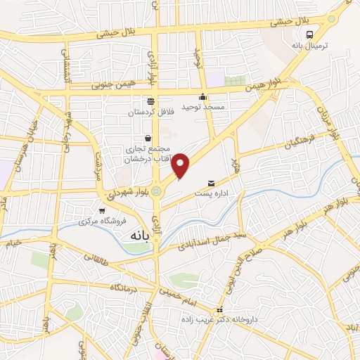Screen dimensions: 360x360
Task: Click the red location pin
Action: tap(181, 165)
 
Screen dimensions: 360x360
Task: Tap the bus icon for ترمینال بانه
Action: tap(310, 35)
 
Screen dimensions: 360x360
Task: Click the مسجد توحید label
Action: tap(202, 106)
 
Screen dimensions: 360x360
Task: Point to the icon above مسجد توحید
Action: tap(202, 97)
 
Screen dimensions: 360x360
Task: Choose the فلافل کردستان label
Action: tap(149, 111)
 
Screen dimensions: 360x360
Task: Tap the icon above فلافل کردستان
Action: tap(149, 101)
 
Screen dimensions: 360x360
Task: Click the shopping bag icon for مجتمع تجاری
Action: tap(148, 138)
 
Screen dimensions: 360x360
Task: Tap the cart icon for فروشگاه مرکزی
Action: tap(103, 210)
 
